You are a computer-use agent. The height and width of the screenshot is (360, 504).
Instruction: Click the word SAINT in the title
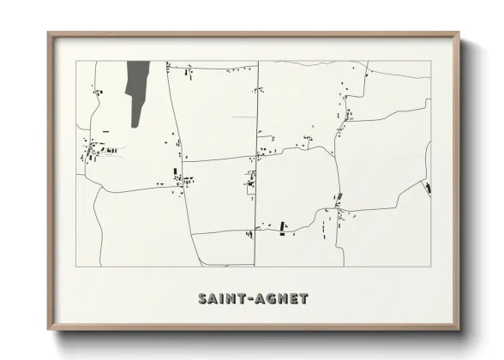point(222,299)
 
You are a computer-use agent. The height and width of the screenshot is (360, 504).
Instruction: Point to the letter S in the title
point(203,299)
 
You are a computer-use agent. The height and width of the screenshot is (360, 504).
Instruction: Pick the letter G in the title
point(268,299)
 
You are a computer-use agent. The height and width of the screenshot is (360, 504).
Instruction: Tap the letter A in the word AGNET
point(257,299)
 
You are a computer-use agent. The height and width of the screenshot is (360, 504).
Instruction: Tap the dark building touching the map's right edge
point(427,186)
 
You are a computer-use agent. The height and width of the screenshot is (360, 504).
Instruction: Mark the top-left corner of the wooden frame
point(48,33)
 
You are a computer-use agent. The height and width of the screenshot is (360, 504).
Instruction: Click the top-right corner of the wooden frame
point(459,33)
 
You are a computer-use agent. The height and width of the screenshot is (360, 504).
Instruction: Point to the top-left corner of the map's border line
point(75,61)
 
